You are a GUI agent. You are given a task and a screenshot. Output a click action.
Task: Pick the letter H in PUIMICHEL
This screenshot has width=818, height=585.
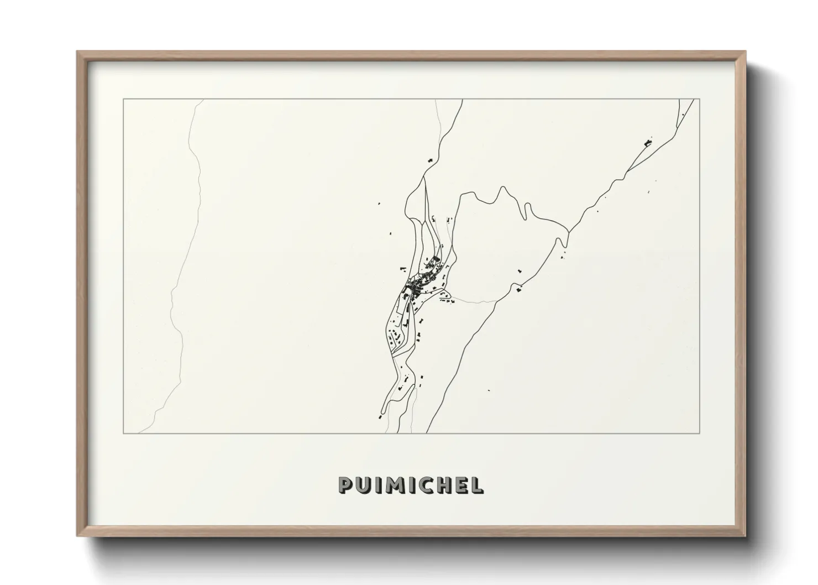click(441, 485)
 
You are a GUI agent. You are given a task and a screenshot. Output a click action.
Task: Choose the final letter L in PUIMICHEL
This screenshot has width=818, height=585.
click(475, 485)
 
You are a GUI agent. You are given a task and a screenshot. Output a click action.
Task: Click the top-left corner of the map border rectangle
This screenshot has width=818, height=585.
click(123, 100)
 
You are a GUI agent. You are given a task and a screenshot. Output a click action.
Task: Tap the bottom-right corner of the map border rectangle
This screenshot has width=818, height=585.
click(700, 433)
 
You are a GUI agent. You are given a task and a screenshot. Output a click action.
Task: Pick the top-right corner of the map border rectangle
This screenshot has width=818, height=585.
click(700, 100)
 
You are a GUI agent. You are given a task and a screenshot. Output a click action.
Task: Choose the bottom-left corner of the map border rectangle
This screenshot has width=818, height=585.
click(123, 433)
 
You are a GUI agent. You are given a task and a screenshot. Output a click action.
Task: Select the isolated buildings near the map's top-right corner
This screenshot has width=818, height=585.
click(648, 142)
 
